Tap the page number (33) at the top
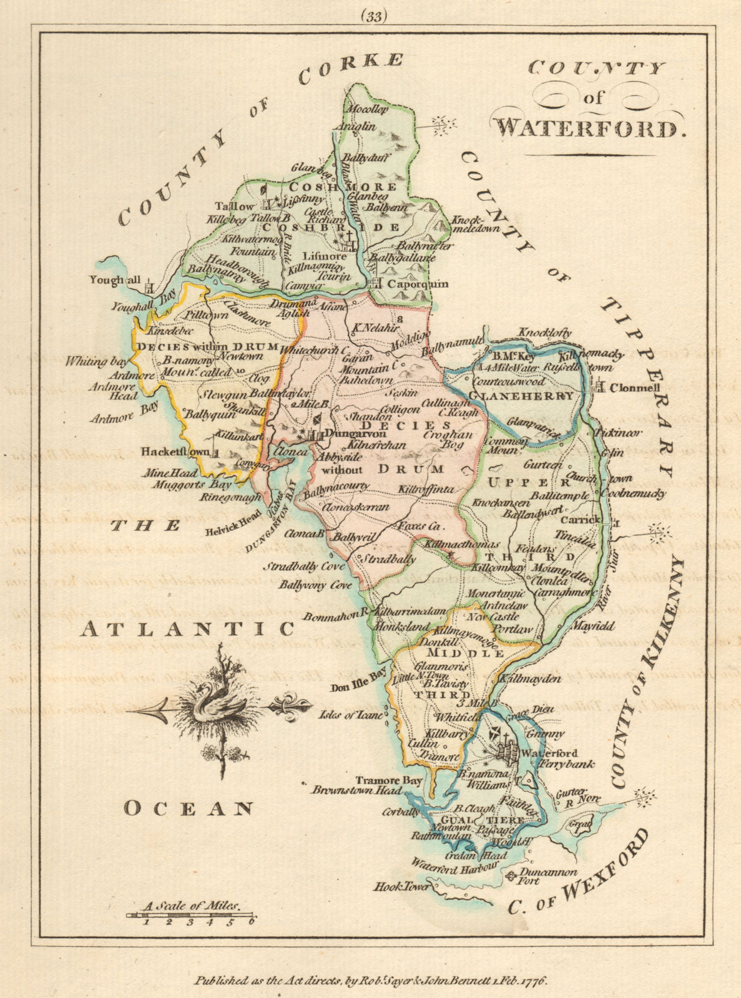point(373,17)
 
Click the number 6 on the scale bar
point(252,921)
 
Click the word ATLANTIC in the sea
point(187,629)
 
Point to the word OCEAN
point(188,810)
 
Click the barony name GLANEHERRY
point(522,396)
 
